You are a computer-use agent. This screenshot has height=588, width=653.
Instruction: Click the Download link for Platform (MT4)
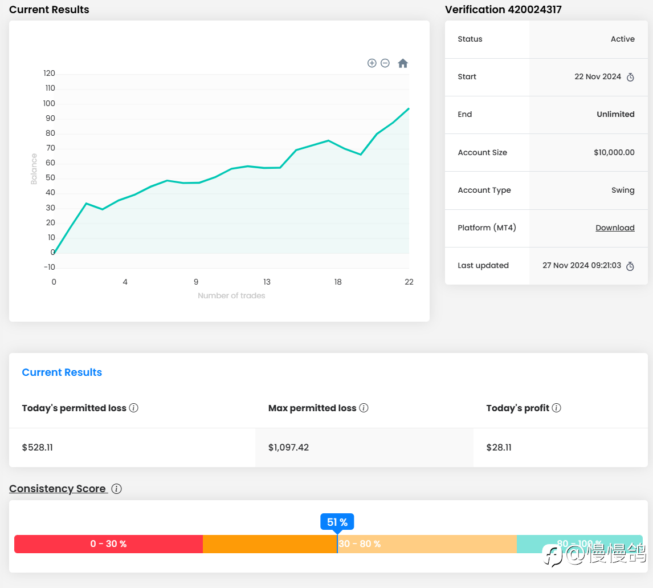click(x=615, y=228)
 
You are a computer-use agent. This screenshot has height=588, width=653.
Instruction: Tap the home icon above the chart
click(x=403, y=63)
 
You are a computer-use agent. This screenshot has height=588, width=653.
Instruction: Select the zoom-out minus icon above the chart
click(x=385, y=63)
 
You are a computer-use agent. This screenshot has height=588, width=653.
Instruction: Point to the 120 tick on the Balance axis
click(x=49, y=74)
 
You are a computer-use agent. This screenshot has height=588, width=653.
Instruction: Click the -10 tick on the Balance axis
click(x=49, y=267)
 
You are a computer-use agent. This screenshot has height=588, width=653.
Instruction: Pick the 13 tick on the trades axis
click(x=267, y=282)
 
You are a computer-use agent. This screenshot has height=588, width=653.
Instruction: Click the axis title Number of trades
click(x=231, y=295)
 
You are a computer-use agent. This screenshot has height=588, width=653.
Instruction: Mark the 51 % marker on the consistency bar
click(x=337, y=522)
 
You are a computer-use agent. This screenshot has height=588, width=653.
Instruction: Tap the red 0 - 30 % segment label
click(x=108, y=544)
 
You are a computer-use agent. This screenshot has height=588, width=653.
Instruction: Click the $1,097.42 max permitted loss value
click(x=288, y=448)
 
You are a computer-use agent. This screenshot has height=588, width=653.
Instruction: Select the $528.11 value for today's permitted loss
click(x=38, y=448)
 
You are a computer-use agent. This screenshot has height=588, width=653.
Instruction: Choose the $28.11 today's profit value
click(x=499, y=448)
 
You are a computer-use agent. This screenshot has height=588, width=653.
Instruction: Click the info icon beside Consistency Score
click(x=116, y=489)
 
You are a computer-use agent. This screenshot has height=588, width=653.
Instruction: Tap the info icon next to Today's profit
click(x=557, y=408)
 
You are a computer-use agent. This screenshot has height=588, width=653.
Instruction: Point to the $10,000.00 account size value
click(x=614, y=152)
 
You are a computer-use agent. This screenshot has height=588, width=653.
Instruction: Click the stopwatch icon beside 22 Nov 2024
click(x=630, y=77)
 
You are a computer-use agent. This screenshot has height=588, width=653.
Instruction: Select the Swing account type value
click(x=623, y=190)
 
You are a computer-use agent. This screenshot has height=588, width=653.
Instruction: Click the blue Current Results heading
click(x=62, y=372)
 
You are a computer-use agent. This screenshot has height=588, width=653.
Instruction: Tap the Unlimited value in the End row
click(x=615, y=114)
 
